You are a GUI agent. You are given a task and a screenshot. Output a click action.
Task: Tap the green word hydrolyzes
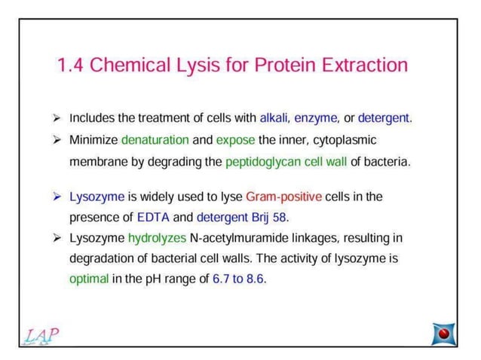161,239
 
